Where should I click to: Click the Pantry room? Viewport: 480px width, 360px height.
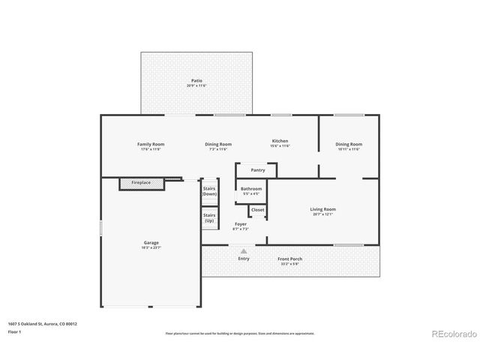pyautogui.click(x=257, y=170)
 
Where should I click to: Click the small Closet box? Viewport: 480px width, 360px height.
pyautogui.click(x=257, y=211)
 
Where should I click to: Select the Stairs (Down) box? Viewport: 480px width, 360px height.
pyautogui.click(x=209, y=191)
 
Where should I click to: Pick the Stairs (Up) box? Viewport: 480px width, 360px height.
pyautogui.click(x=209, y=218)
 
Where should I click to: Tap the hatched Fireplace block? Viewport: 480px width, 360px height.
pyautogui.click(x=141, y=183)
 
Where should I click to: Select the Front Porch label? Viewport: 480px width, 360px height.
pyautogui.click(x=290, y=260)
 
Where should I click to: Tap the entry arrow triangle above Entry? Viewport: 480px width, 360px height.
pyautogui.click(x=243, y=252)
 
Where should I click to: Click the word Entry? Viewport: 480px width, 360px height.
pyautogui.click(x=244, y=259)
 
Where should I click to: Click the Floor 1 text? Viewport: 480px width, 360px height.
pyautogui.click(x=15, y=331)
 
